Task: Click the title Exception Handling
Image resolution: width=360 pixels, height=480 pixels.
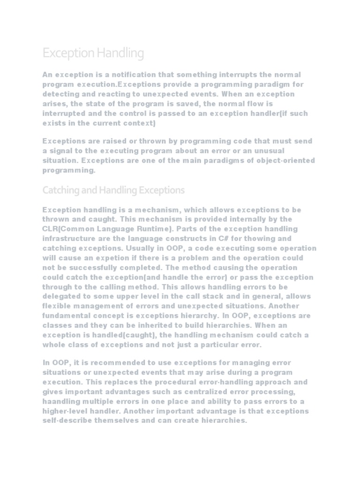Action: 93,53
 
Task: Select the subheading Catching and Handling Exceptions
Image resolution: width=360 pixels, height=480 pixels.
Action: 113,190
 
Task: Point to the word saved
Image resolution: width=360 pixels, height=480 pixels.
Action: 195,104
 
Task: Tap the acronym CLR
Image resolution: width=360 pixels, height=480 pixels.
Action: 51,229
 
